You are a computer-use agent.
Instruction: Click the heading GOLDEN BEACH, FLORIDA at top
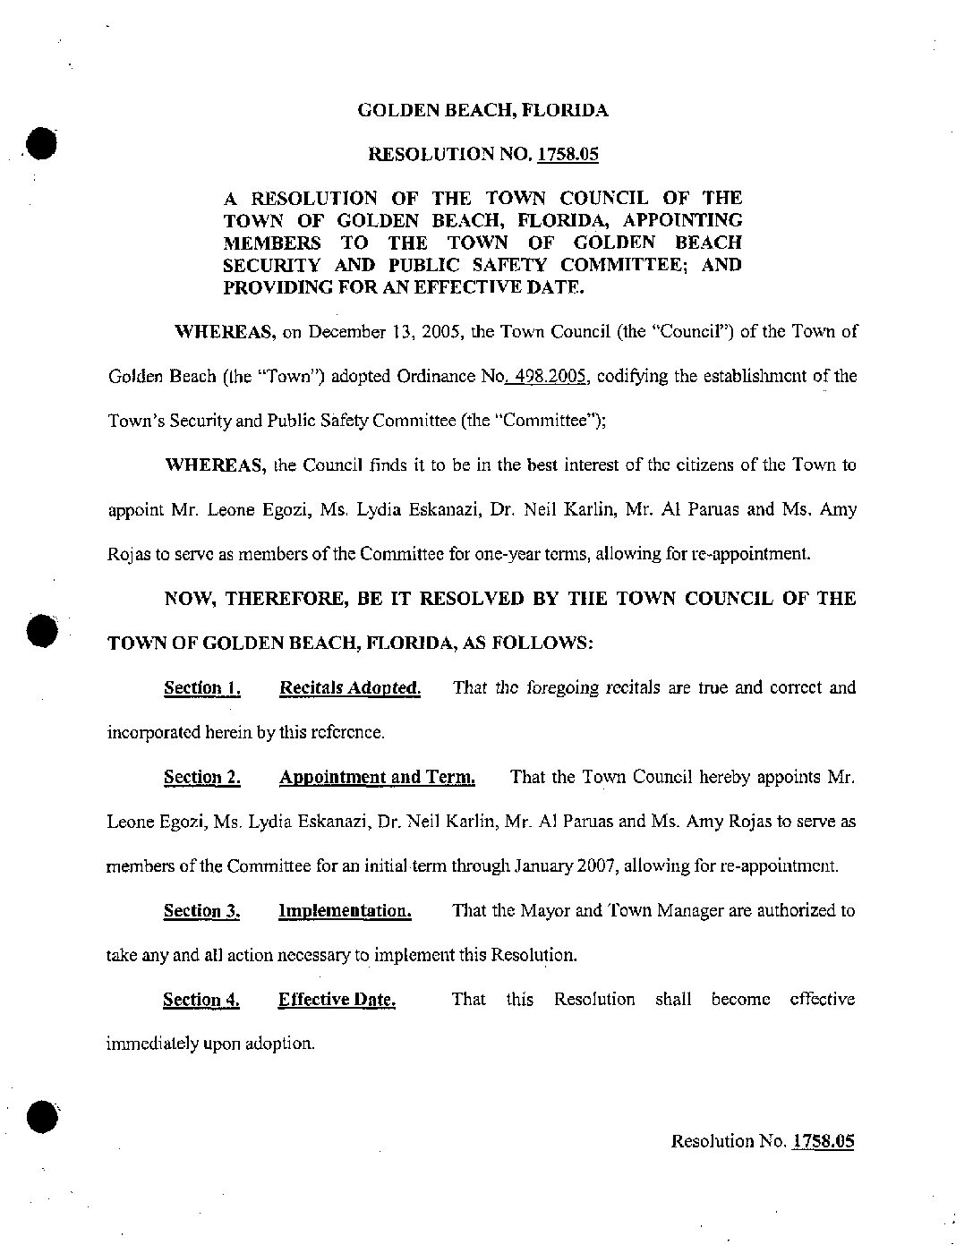[482, 111]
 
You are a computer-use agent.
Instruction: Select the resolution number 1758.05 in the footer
[823, 1141]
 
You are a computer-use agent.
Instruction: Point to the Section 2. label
[201, 777]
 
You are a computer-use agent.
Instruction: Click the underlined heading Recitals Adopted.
[350, 688]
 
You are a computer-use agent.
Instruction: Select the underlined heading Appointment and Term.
[377, 777]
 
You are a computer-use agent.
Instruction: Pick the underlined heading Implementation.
[345, 911]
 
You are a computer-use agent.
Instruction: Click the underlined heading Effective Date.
[337, 1000]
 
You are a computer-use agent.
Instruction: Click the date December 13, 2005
[371, 332]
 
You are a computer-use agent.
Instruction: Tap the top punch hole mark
[41, 143]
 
